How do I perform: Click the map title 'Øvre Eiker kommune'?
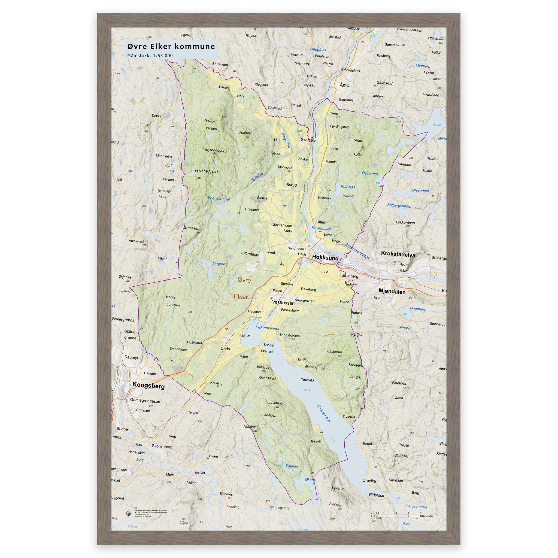tap(171, 47)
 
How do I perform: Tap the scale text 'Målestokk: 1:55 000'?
tap(150, 56)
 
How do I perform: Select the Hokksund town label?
tap(325, 258)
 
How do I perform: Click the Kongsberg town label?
tap(148, 386)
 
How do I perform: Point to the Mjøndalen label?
tap(392, 292)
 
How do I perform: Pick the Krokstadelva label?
tap(398, 254)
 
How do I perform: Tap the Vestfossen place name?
tap(283, 303)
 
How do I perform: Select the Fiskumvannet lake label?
tap(267, 328)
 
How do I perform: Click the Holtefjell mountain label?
tap(207, 171)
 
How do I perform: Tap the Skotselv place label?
tap(308, 140)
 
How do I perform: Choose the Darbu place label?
tap(226, 348)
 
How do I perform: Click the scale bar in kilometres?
tap(396, 515)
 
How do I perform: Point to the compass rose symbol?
tap(128, 513)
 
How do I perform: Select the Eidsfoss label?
tap(376, 495)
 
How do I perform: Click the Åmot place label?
tap(345, 85)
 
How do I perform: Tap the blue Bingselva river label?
tap(286, 140)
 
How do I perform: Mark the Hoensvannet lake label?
tap(219, 198)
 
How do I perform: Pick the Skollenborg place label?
tap(162, 446)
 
